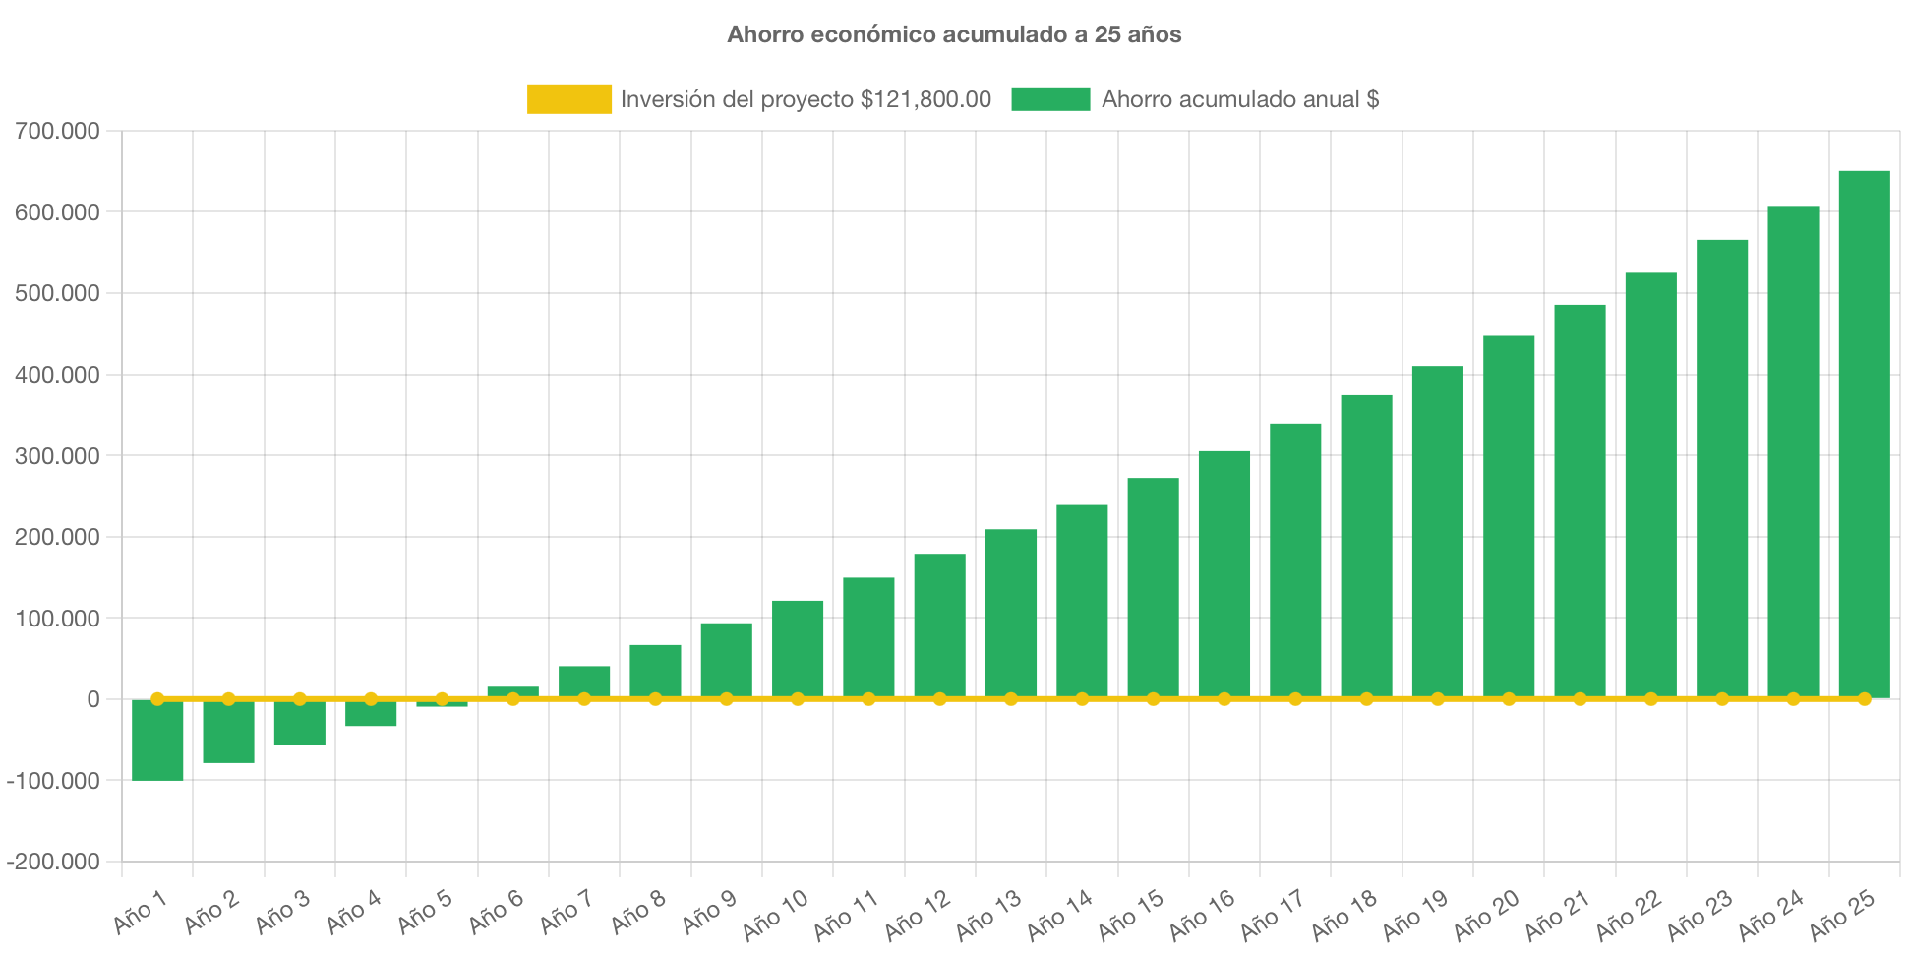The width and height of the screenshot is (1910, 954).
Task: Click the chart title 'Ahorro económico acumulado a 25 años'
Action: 954,34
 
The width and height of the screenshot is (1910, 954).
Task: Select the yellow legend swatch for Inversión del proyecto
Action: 568,99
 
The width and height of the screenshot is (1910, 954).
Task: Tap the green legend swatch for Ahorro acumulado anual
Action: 1050,99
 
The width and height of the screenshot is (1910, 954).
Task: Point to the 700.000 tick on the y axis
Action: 57,131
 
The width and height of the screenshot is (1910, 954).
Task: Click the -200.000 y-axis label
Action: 53,862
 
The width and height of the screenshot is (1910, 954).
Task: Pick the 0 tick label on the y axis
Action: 93,699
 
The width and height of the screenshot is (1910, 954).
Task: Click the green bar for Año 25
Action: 1864,433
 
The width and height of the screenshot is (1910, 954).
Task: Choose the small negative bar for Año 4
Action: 371,713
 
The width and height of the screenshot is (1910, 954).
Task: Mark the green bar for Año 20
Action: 1509,516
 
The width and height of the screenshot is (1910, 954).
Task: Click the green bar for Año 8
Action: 655,671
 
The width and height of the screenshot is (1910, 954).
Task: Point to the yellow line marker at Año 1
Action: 157,698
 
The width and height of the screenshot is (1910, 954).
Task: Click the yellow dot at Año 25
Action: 1864,698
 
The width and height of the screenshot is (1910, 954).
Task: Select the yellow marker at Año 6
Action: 512,698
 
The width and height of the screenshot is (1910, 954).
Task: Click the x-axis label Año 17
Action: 1272,914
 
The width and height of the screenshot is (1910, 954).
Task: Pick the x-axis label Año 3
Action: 282,912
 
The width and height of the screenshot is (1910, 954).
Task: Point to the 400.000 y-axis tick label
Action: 57,375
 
